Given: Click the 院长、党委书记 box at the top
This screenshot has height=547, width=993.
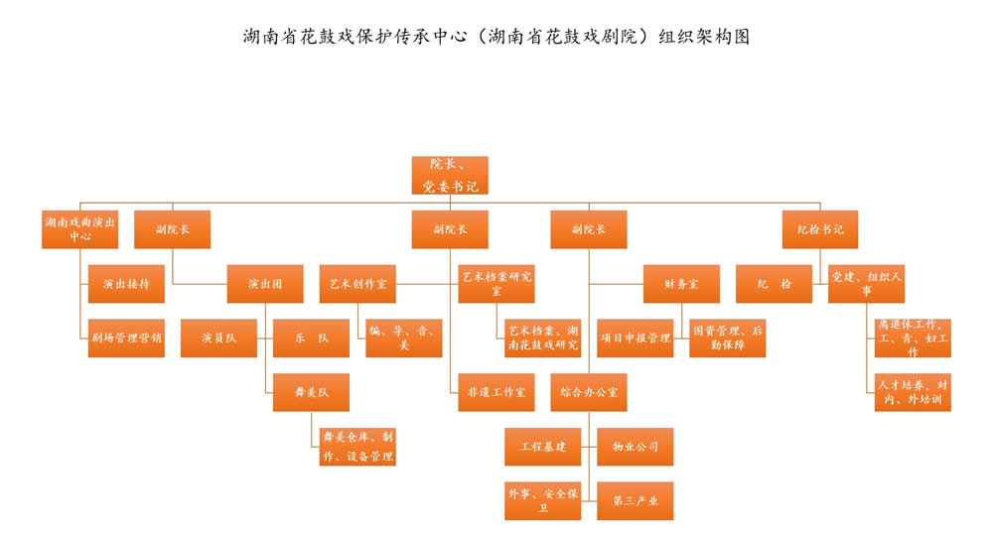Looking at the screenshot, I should click(450, 174).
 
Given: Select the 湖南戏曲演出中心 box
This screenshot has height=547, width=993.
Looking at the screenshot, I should click(80, 229).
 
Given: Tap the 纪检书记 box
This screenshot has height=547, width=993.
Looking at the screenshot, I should click(820, 229).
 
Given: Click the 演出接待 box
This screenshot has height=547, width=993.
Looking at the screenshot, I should click(126, 283).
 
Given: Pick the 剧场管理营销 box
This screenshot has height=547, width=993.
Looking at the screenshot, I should click(126, 338).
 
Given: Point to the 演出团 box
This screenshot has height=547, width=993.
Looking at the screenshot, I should click(265, 283).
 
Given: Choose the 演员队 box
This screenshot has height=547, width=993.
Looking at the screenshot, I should click(218, 338).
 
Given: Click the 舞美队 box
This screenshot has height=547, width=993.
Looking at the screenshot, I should click(312, 392).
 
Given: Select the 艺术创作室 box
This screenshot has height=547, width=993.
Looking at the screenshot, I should click(357, 283).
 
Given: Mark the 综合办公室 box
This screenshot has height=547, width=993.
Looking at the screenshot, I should click(589, 392).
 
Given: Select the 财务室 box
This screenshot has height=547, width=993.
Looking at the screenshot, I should click(681, 283).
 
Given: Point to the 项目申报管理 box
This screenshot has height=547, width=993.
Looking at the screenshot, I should click(636, 338).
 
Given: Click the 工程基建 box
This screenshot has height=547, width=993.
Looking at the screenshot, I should click(543, 447).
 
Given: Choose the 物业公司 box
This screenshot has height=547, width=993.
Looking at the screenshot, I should click(636, 447).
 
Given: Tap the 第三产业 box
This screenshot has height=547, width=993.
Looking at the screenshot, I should click(636, 500).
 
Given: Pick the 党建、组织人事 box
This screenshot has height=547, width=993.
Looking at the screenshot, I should click(866, 283).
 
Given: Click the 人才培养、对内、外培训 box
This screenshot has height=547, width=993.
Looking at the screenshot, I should click(913, 392).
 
